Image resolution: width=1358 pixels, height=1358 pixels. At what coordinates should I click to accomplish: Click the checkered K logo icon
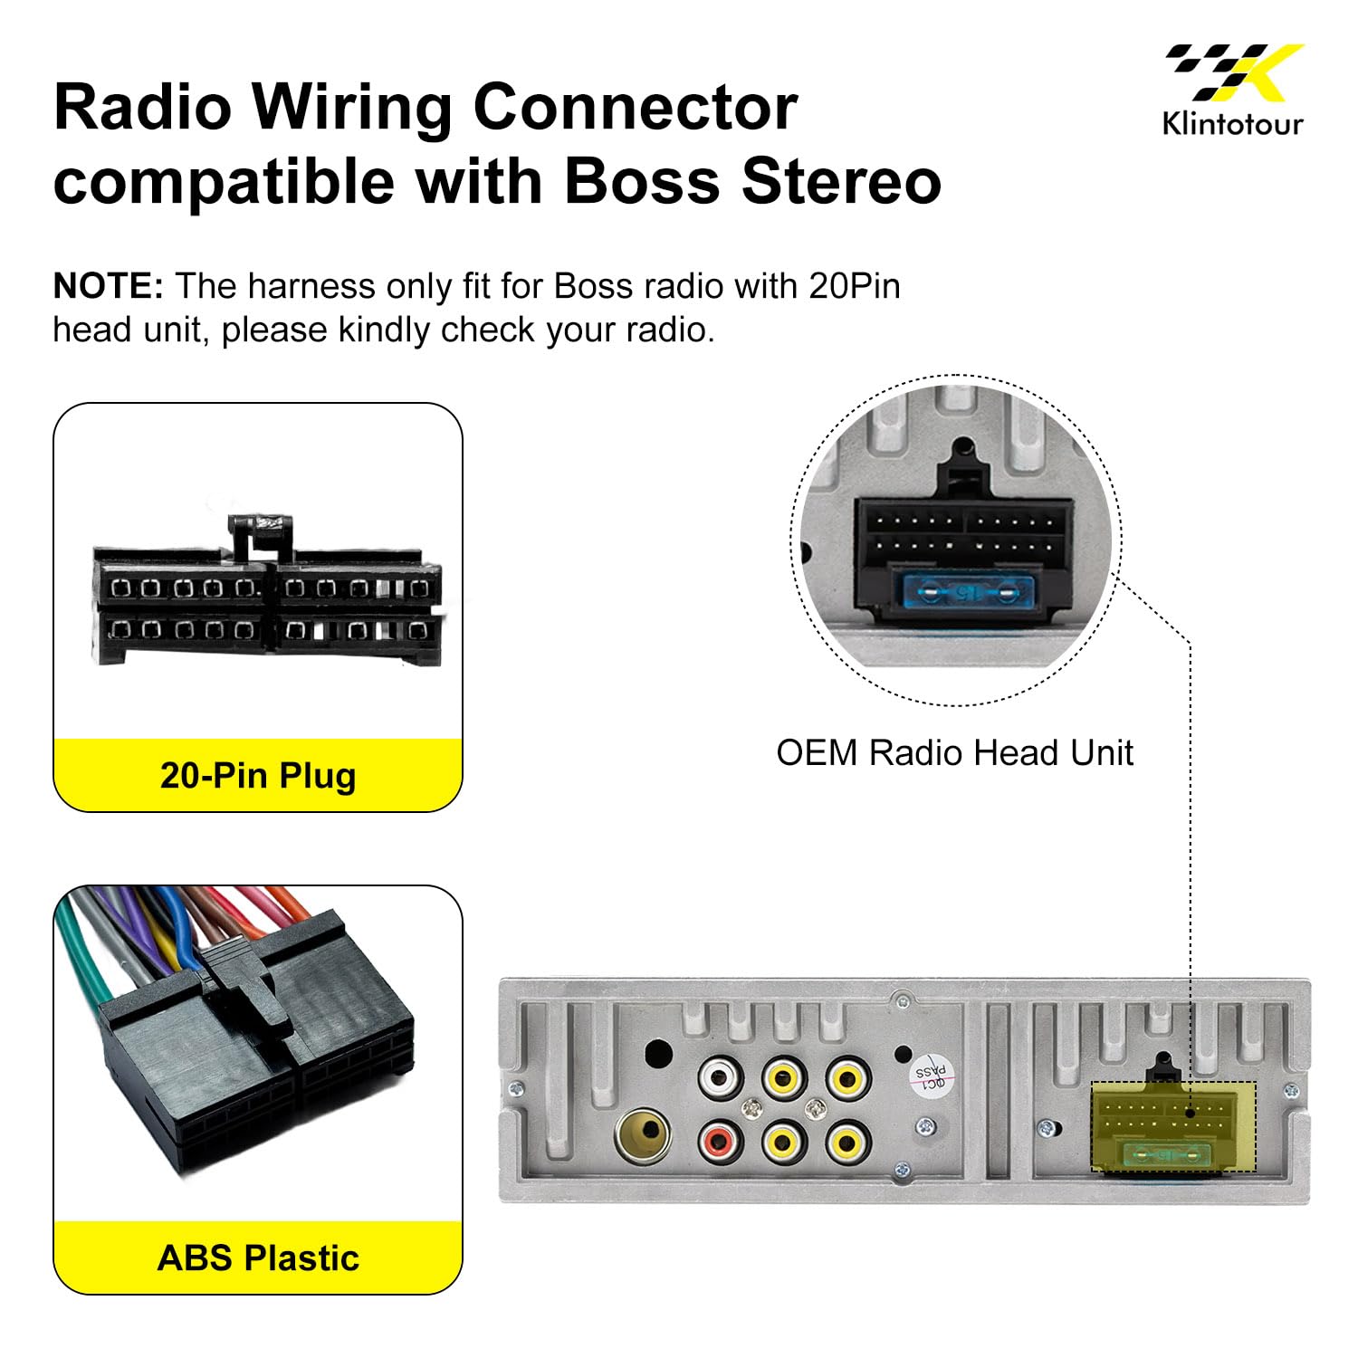click(1234, 72)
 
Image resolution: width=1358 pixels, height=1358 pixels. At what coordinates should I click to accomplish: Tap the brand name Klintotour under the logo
click(1233, 123)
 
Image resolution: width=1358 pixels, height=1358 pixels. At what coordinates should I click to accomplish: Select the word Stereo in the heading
click(841, 180)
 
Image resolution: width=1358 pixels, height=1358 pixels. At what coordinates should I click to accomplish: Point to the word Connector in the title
click(635, 107)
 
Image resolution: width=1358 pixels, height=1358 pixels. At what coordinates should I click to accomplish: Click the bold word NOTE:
click(109, 286)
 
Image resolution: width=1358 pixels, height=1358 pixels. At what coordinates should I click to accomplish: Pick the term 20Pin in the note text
click(855, 286)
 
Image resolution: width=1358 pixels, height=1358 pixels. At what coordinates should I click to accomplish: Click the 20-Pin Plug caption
click(258, 776)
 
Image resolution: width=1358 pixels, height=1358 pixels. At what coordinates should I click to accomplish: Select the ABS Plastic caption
click(258, 1258)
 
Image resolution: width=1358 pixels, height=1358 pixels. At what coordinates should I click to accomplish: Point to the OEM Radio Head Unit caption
click(954, 753)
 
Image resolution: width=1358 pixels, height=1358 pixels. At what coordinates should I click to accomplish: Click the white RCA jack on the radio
click(721, 1078)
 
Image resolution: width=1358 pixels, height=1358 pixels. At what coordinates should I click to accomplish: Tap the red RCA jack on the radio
click(721, 1142)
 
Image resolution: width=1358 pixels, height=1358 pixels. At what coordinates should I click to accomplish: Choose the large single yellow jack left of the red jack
click(642, 1135)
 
